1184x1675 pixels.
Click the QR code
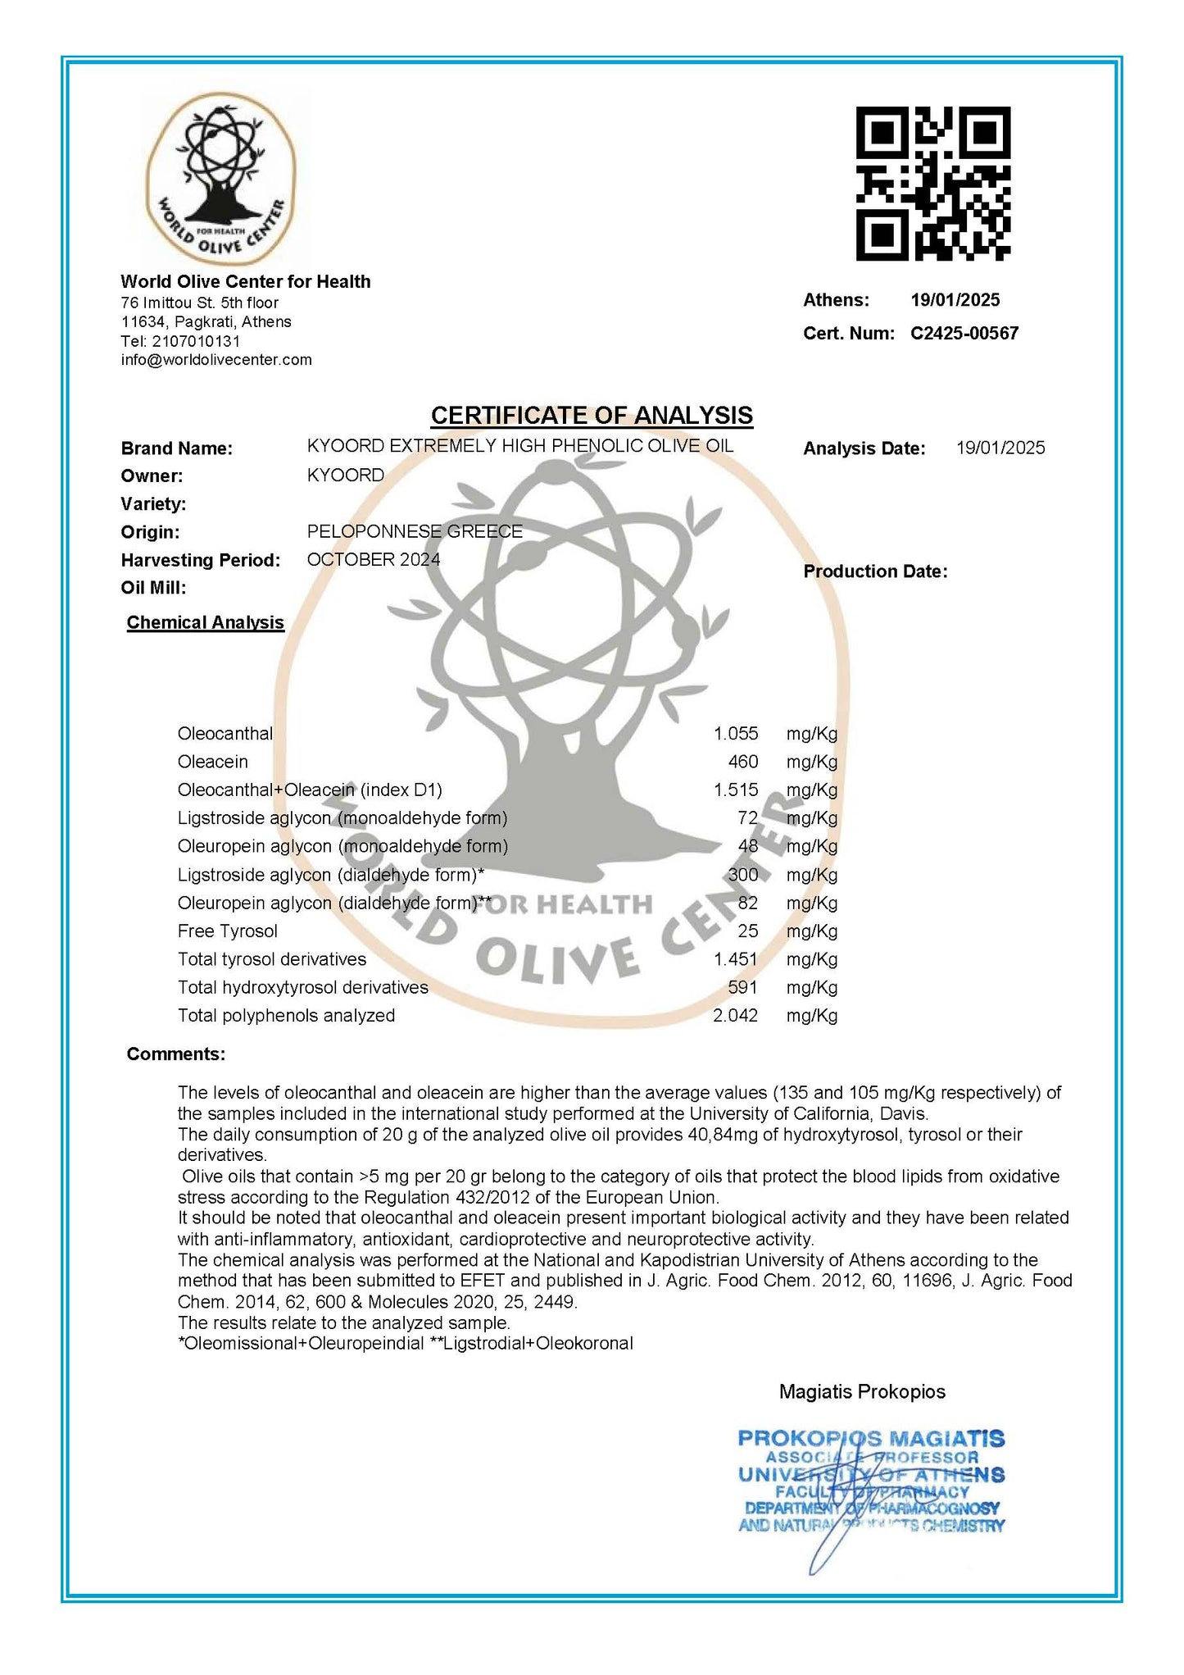932,184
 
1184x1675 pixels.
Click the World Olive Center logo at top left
220,178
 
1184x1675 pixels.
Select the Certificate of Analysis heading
592,416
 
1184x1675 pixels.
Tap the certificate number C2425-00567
964,334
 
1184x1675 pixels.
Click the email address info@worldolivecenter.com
216,360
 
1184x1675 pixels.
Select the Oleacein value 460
742,762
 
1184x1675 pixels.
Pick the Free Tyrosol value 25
747,931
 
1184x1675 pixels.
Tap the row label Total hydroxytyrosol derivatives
302,988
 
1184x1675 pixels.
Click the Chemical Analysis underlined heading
205,623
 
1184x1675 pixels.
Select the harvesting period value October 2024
373,560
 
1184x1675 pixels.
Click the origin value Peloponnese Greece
415,531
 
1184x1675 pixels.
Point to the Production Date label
875,571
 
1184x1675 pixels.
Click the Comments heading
175,1054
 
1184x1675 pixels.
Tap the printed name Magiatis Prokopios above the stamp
862,1391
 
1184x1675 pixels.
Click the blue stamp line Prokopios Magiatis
871,1438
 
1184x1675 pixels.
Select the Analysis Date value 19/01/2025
1000,448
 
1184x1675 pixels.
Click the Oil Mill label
153,588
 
